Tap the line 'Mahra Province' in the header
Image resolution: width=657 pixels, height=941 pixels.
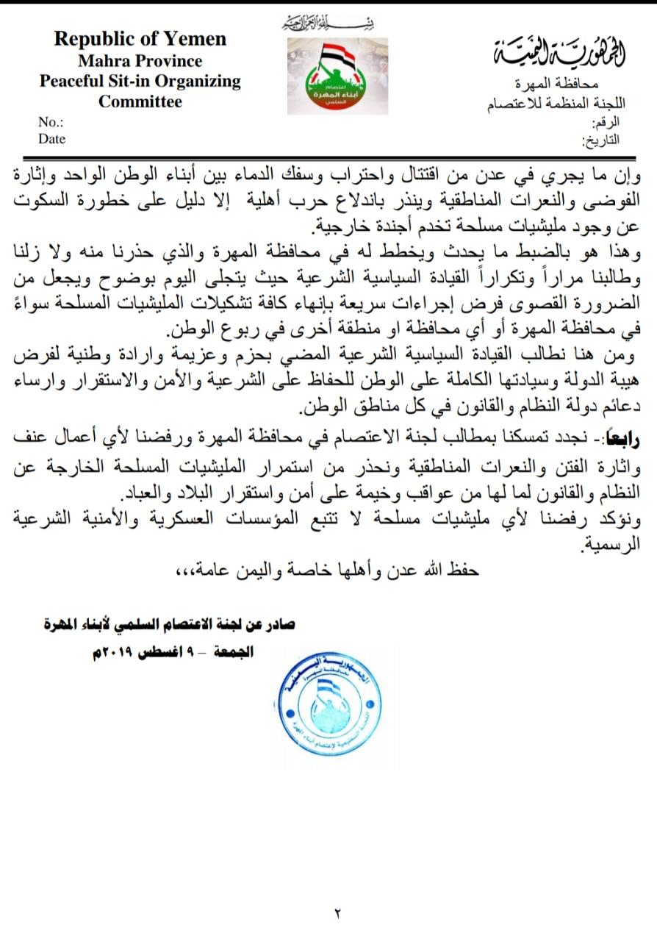pyautogui.click(x=140, y=60)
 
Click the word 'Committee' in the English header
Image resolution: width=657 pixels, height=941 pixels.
pyautogui.click(x=140, y=101)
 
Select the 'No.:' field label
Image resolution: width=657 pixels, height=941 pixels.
pyautogui.click(x=51, y=123)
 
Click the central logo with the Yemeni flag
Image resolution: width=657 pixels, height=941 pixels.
pyautogui.click(x=337, y=76)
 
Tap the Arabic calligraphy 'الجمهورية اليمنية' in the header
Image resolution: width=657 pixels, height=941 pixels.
pyautogui.click(x=559, y=52)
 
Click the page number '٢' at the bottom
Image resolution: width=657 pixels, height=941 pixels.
pyautogui.click(x=338, y=914)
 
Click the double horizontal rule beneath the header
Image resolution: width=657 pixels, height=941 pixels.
pyautogui.click(x=328, y=157)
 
